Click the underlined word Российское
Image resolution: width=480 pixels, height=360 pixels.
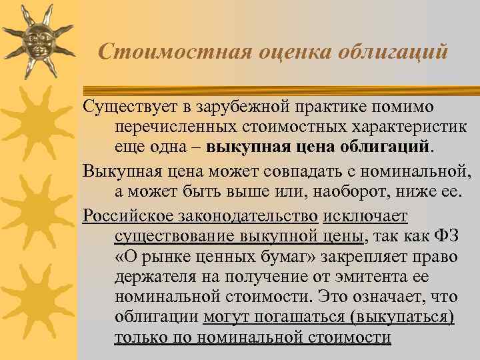click(127, 217)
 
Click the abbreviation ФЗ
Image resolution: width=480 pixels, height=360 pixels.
click(447, 237)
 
